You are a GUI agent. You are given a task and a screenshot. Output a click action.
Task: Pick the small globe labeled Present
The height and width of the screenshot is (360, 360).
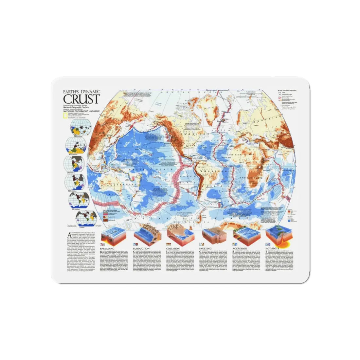tap(86, 218)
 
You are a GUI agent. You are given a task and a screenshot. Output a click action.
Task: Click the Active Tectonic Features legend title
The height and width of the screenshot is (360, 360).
tap(287, 89)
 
